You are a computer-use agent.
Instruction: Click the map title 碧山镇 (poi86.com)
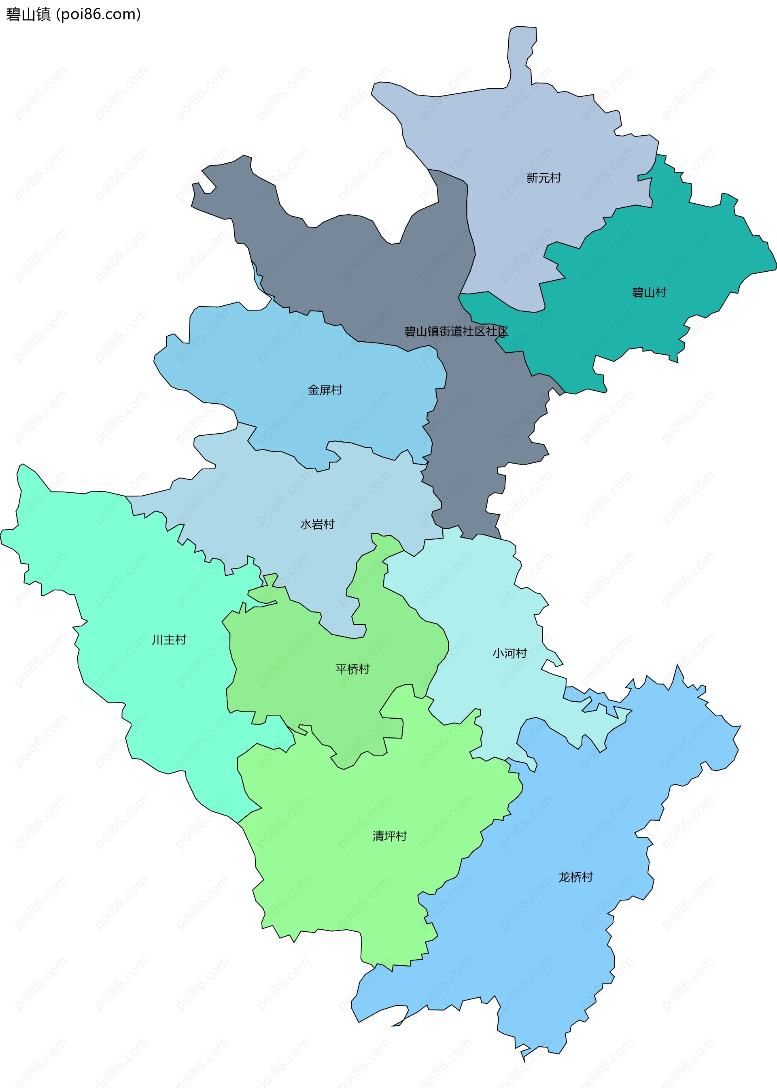click(73, 14)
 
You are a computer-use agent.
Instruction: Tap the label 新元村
click(543, 178)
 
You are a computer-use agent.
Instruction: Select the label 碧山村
click(649, 292)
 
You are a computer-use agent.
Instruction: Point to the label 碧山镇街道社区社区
click(456, 331)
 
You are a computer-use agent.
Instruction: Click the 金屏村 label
click(325, 390)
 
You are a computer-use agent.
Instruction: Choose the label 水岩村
click(317, 525)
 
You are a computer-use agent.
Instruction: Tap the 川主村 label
click(169, 640)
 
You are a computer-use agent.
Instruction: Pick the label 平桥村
click(352, 669)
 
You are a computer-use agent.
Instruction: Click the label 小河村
click(510, 654)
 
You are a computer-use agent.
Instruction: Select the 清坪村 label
click(389, 836)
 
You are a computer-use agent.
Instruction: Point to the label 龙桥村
click(575, 877)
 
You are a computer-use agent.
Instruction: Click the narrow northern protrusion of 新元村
click(522, 53)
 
